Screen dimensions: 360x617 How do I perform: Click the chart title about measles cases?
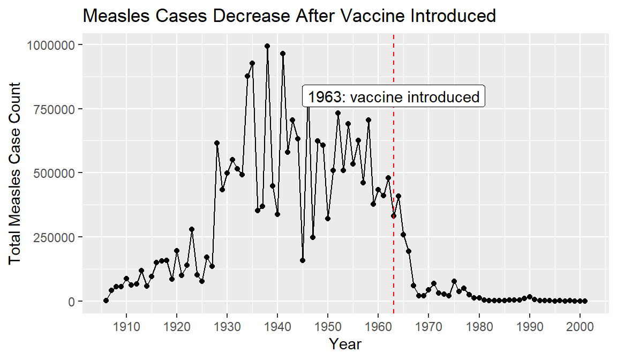point(289,16)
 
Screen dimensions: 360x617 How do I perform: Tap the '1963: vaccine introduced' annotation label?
point(394,97)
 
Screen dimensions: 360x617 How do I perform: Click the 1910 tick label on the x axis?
point(126,326)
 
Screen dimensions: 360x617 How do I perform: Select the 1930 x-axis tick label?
point(227,326)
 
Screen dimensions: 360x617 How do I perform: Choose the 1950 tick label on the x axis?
point(328,326)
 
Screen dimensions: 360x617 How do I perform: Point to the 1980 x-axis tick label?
point(479,326)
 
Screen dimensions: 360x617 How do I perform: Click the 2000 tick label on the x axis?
point(580,326)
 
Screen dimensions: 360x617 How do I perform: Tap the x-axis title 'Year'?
point(345,344)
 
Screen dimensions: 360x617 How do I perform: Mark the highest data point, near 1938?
point(267,46)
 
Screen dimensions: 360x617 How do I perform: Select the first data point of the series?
point(106,301)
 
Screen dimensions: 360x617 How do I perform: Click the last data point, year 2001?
point(585,301)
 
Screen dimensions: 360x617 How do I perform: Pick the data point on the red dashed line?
point(394,216)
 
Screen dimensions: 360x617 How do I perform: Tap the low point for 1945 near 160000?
point(303,260)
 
